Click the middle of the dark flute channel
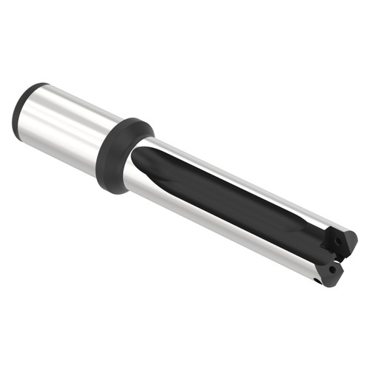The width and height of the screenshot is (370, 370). (237, 200)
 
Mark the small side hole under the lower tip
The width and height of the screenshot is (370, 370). (317, 281)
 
